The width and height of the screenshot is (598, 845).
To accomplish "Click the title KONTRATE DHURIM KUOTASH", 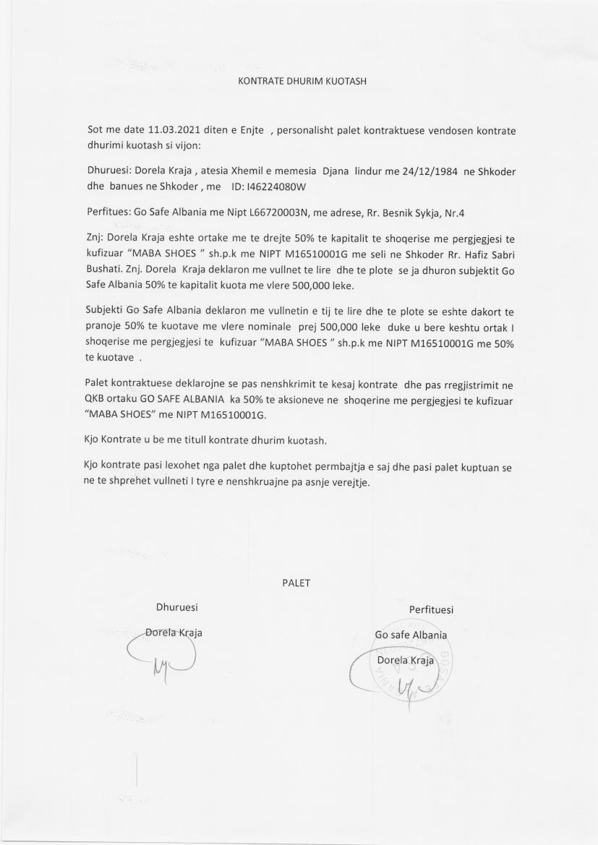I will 302,81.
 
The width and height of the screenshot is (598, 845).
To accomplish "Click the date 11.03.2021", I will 172,131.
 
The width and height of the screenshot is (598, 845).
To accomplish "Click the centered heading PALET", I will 296,583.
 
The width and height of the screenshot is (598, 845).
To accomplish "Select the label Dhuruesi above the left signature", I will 177,606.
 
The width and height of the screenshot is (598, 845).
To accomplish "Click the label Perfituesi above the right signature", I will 431,610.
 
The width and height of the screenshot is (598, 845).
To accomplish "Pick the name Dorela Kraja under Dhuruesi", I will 174,632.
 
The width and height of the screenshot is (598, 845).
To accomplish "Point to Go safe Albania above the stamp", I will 411,635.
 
